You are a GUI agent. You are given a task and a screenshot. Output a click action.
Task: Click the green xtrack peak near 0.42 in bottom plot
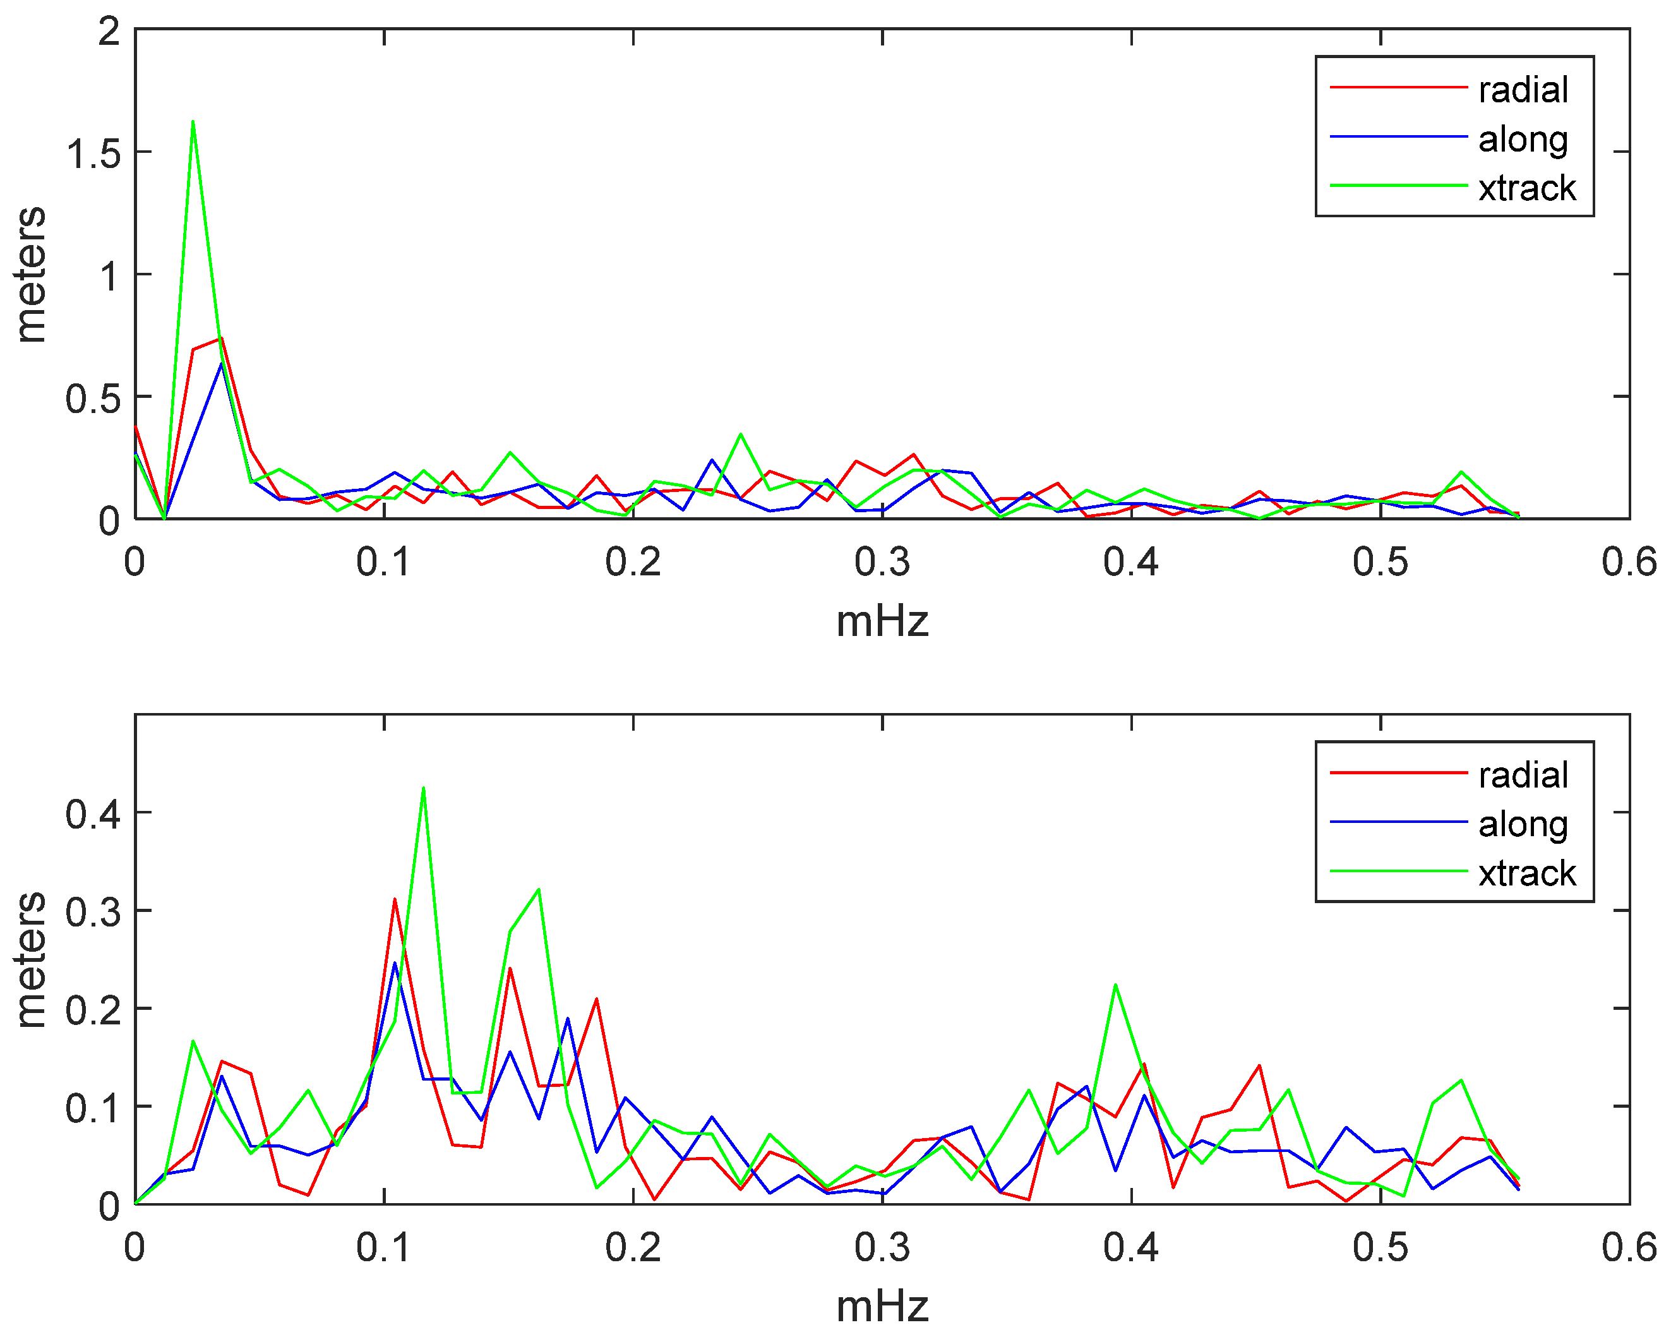[x=423, y=788]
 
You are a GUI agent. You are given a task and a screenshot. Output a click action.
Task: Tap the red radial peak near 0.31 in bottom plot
[x=395, y=899]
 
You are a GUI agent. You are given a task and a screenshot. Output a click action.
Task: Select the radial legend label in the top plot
[x=1523, y=89]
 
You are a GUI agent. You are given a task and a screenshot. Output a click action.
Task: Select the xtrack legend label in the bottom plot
[x=1527, y=873]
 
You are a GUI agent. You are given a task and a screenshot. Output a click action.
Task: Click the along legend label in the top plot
[x=1523, y=139]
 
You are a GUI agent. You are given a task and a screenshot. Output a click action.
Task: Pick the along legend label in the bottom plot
[x=1523, y=824]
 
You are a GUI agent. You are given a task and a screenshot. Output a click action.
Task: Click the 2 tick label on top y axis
[x=109, y=33]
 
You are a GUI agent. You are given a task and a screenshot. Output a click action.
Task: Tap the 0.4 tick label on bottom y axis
[x=93, y=815]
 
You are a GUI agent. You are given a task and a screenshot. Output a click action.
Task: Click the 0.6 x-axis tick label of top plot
[x=1629, y=562]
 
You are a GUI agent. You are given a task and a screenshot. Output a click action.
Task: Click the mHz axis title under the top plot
[x=882, y=621]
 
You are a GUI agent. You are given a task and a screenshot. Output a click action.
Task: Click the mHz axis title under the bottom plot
[x=882, y=1307]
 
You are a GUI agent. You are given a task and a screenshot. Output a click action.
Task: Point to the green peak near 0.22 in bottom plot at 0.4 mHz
[x=1115, y=985]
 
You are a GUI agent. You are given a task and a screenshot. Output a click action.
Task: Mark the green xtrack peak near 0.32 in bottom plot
[x=538, y=890]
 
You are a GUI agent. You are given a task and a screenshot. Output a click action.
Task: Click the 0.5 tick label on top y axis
[x=93, y=399]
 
